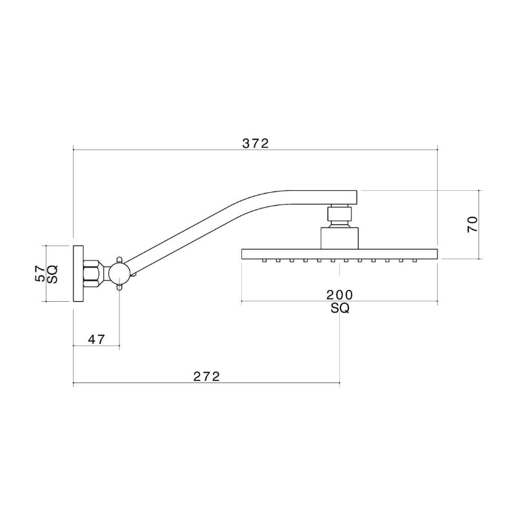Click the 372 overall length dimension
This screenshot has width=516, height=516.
[x=255, y=143]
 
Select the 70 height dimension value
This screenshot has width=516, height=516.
[x=472, y=224]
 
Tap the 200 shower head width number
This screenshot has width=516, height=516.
[x=339, y=295]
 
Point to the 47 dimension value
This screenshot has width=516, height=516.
[x=96, y=339]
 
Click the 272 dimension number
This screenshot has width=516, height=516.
[x=206, y=376]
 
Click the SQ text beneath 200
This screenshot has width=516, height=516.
[x=339, y=308]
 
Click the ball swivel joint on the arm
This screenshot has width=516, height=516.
[x=120, y=274]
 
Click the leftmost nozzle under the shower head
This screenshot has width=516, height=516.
[x=264, y=261]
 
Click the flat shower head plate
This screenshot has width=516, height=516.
[x=339, y=253]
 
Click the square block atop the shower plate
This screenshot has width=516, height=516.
[x=339, y=237]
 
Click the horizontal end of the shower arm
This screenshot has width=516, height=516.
[x=322, y=196]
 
